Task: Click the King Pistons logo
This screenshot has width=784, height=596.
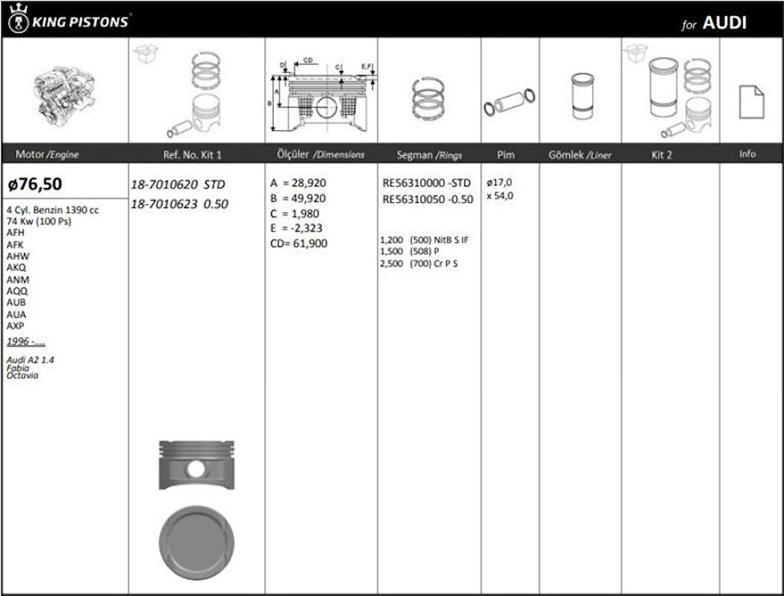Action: point(68,20)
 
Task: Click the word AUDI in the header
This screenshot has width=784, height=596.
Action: point(724,23)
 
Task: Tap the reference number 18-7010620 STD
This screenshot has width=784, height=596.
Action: point(178,184)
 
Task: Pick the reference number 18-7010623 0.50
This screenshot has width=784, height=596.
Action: point(179,204)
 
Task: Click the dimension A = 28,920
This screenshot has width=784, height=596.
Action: point(298,183)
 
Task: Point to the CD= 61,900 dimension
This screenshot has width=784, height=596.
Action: point(298,243)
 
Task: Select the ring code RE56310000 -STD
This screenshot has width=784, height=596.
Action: point(427,183)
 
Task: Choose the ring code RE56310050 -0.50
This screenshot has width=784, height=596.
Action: point(428,199)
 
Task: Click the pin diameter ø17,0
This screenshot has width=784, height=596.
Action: point(499,182)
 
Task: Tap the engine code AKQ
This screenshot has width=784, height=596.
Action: point(16,268)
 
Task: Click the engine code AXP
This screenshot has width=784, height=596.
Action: point(15,326)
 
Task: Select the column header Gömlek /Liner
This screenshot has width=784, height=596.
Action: point(579,155)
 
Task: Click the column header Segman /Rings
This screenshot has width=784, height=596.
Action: point(429,155)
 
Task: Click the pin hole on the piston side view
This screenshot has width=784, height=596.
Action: point(195,469)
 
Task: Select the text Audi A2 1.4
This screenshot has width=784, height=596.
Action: point(31,359)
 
